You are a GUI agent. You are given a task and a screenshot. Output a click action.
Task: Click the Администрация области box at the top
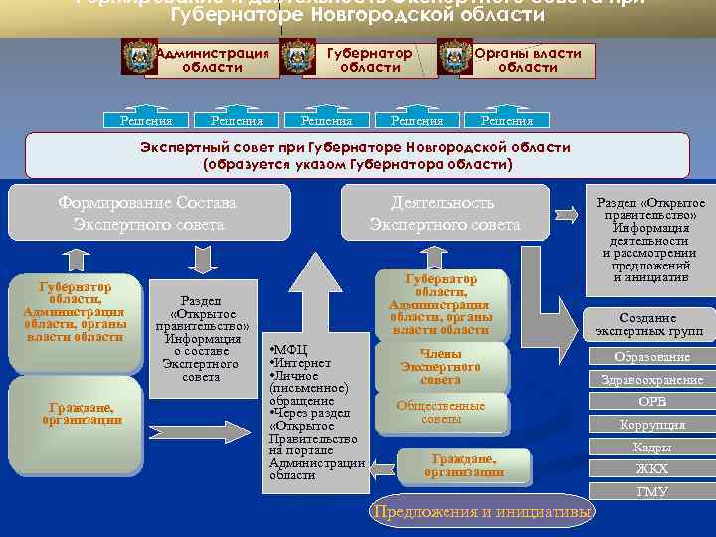click(x=212, y=60)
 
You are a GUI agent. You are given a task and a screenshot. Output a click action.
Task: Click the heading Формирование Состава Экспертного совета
click(x=146, y=213)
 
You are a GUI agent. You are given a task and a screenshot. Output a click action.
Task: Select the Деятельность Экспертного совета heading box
click(x=443, y=213)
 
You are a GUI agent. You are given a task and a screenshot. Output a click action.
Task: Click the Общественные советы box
click(x=441, y=412)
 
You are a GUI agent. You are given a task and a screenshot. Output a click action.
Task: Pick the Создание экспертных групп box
click(x=648, y=323)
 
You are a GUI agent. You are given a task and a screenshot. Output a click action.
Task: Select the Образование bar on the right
click(x=651, y=357)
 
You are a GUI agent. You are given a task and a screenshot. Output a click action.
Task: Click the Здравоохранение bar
click(x=651, y=379)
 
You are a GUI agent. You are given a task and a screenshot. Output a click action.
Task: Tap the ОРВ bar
click(x=651, y=402)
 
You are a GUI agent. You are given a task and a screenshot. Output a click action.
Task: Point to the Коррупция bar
click(x=651, y=425)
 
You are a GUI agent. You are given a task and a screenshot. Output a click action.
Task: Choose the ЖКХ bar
click(x=651, y=469)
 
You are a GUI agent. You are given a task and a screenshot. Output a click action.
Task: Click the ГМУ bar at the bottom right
click(x=651, y=491)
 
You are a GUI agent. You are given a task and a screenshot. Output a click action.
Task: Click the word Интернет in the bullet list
click(x=304, y=363)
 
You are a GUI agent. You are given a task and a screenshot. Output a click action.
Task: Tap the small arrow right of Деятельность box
click(x=567, y=212)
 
